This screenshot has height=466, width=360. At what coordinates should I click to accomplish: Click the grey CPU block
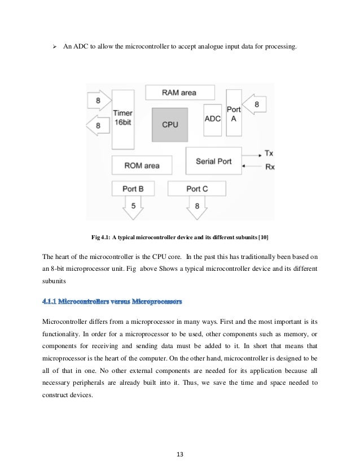click(x=170, y=125)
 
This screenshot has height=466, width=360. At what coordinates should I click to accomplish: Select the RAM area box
click(x=179, y=93)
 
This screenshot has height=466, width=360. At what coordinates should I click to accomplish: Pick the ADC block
click(x=212, y=118)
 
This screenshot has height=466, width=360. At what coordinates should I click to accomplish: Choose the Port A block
click(x=233, y=115)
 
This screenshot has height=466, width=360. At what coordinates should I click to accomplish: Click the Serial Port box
click(x=213, y=161)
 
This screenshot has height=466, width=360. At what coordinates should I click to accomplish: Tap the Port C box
click(x=196, y=188)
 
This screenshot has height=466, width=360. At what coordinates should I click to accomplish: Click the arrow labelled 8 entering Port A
click(x=257, y=105)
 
